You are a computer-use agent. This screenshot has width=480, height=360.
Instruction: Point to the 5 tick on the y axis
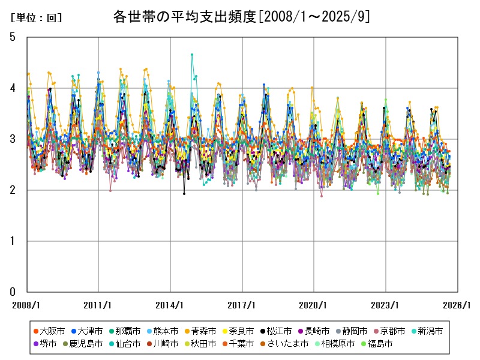tap(13, 37)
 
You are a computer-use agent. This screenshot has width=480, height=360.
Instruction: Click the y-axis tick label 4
tap(13, 88)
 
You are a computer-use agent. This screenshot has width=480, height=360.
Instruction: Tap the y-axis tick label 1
tap(13, 241)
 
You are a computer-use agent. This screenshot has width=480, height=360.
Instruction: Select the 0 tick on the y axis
tap(13, 292)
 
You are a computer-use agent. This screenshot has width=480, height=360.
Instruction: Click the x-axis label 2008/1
tap(26, 305)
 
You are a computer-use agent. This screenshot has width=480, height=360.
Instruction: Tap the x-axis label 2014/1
tap(170, 305)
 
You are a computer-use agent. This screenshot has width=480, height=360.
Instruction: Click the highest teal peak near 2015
tap(192, 55)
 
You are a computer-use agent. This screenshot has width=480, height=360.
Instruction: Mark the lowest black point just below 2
tap(184, 193)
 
